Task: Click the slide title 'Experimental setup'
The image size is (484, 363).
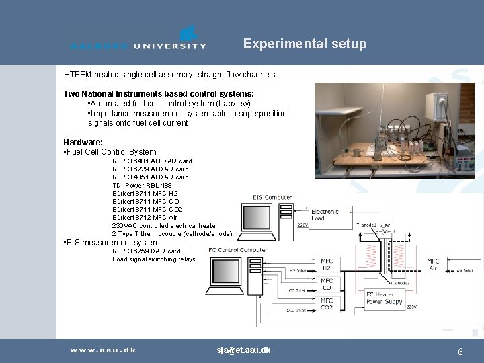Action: pos(305,44)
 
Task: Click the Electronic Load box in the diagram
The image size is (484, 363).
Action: pos(325,214)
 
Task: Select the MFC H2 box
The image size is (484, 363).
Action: pos(326,265)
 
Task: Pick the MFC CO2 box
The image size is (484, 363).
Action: pos(326,303)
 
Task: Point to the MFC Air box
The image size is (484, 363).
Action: pos(433,265)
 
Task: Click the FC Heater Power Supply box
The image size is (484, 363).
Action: pos(383,298)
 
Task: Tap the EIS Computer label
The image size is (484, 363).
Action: pos(272,198)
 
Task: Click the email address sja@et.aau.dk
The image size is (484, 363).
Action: pos(243,350)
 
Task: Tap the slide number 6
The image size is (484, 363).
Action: pos(460,352)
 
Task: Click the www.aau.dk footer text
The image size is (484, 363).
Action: pos(103,350)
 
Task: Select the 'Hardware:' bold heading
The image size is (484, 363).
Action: pos(83,142)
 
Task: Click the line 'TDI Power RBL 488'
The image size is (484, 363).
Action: pos(142,185)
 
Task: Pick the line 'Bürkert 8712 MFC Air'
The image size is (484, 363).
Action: pos(145,217)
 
